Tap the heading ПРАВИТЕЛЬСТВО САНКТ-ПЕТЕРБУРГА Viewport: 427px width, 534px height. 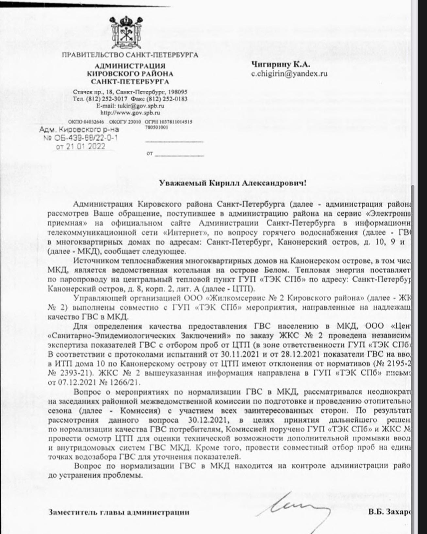[130, 55]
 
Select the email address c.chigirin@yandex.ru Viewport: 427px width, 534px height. [289, 74]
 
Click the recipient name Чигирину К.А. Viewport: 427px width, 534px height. [281, 64]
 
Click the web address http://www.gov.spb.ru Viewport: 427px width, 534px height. [130, 113]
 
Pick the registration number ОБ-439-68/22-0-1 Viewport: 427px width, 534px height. [86, 138]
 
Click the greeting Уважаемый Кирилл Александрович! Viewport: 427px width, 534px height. [233, 183]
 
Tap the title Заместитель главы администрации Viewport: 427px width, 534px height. [119, 512]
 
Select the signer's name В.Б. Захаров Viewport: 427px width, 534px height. [389, 512]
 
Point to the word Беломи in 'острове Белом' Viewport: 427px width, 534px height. [276, 270]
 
